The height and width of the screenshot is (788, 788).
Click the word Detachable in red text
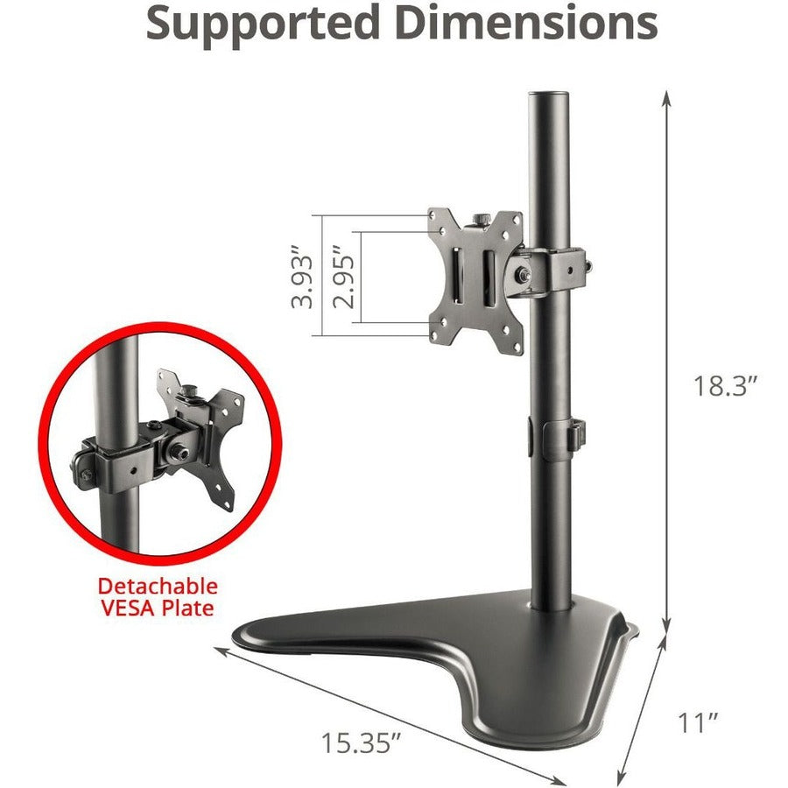[x=158, y=586]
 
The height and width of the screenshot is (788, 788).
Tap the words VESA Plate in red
[x=158, y=608]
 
